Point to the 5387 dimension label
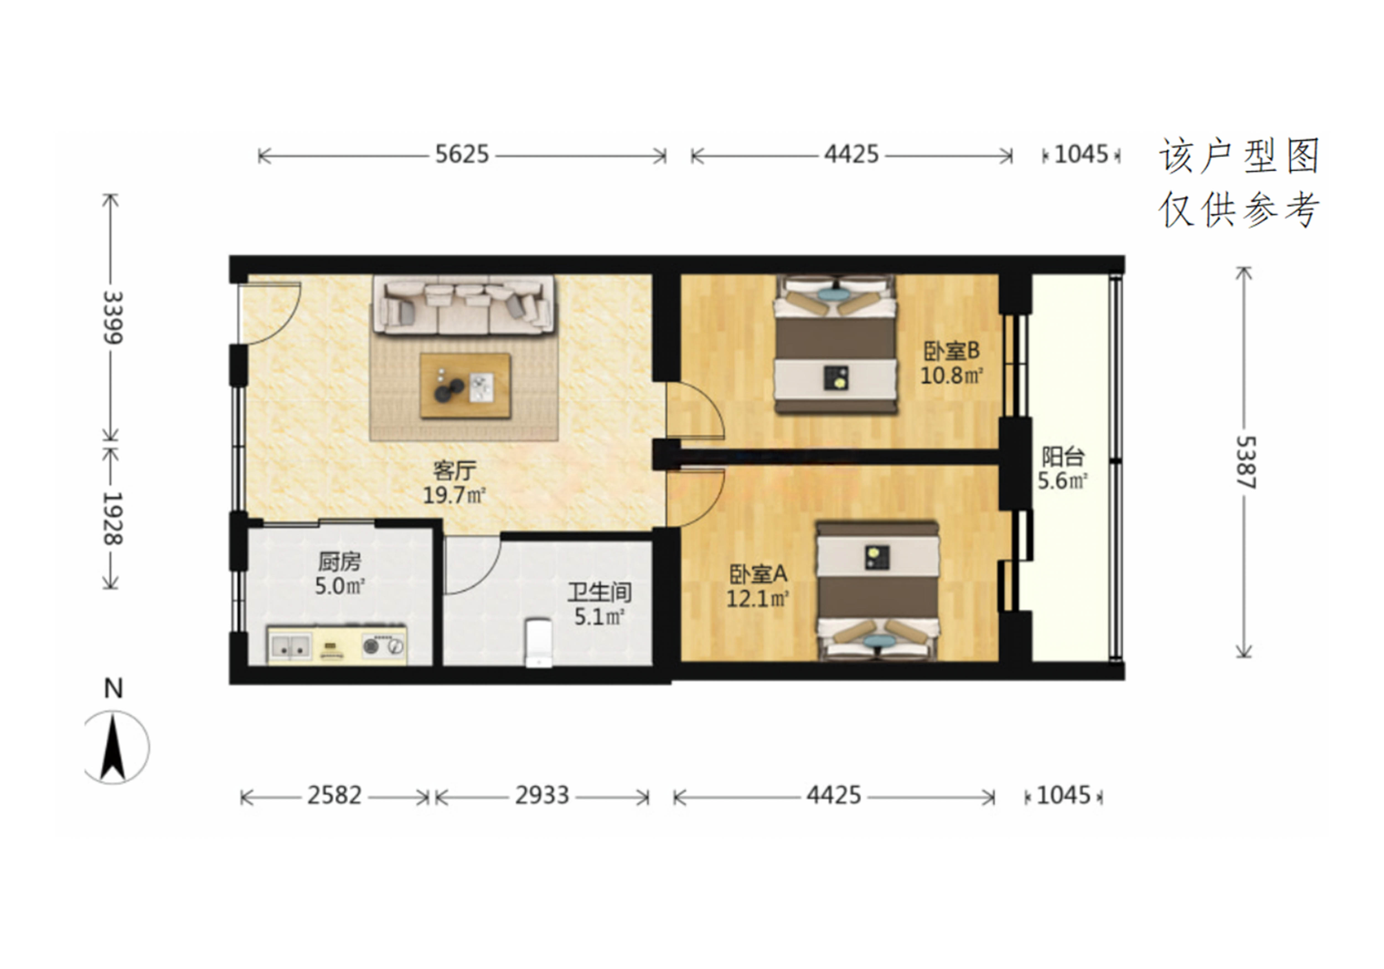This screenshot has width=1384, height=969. tap(1245, 463)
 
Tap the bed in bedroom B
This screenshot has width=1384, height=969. tap(835, 344)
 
